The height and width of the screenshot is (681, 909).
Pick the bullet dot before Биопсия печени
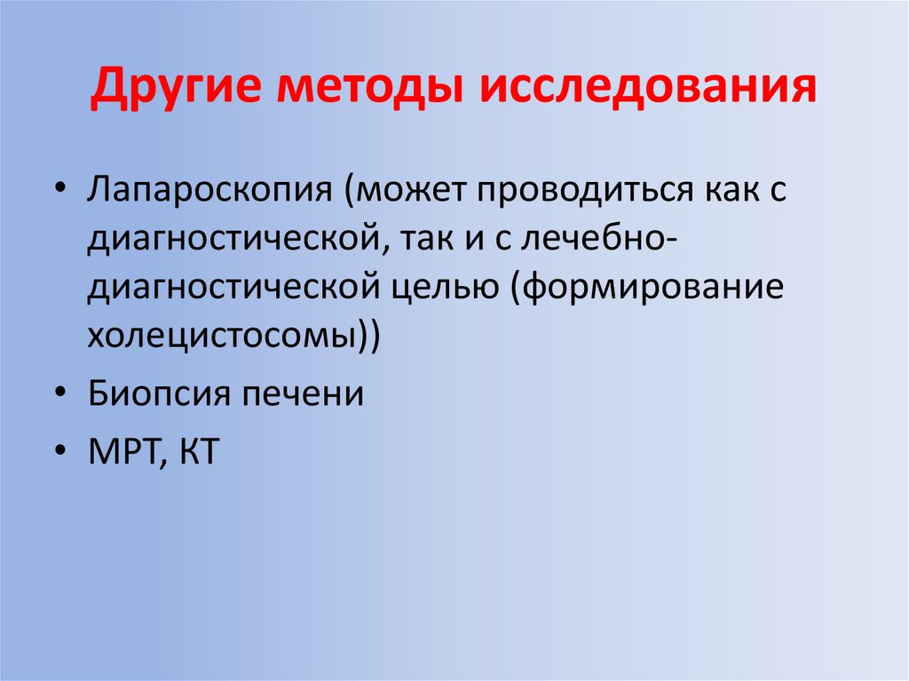tap(59, 394)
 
